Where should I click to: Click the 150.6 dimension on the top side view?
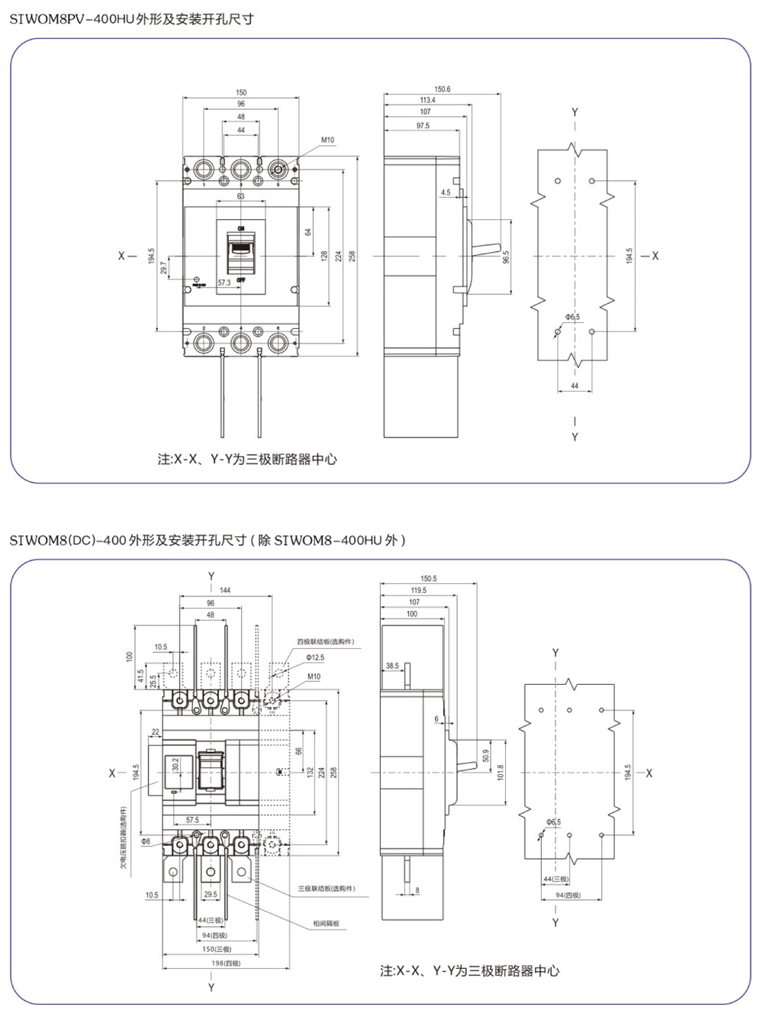(x=443, y=89)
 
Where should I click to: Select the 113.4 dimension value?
(x=427, y=100)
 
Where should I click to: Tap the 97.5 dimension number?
(x=422, y=125)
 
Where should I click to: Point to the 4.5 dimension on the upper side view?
(x=446, y=192)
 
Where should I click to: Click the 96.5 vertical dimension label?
(x=505, y=257)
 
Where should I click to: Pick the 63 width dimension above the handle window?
(x=241, y=196)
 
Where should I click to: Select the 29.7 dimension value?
(x=163, y=268)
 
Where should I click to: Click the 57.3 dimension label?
(x=224, y=282)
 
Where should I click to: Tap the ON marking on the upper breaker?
(x=241, y=228)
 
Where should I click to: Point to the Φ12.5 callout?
(x=314, y=657)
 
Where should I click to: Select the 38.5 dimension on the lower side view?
(x=392, y=666)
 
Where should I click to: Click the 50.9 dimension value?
(x=486, y=756)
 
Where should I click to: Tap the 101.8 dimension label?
(x=501, y=773)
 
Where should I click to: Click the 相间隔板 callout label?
(x=326, y=924)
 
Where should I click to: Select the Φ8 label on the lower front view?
(x=145, y=841)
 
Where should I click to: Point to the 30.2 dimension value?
(x=176, y=765)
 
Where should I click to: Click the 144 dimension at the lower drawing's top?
(x=225, y=590)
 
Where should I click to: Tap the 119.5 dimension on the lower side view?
(x=418, y=590)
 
